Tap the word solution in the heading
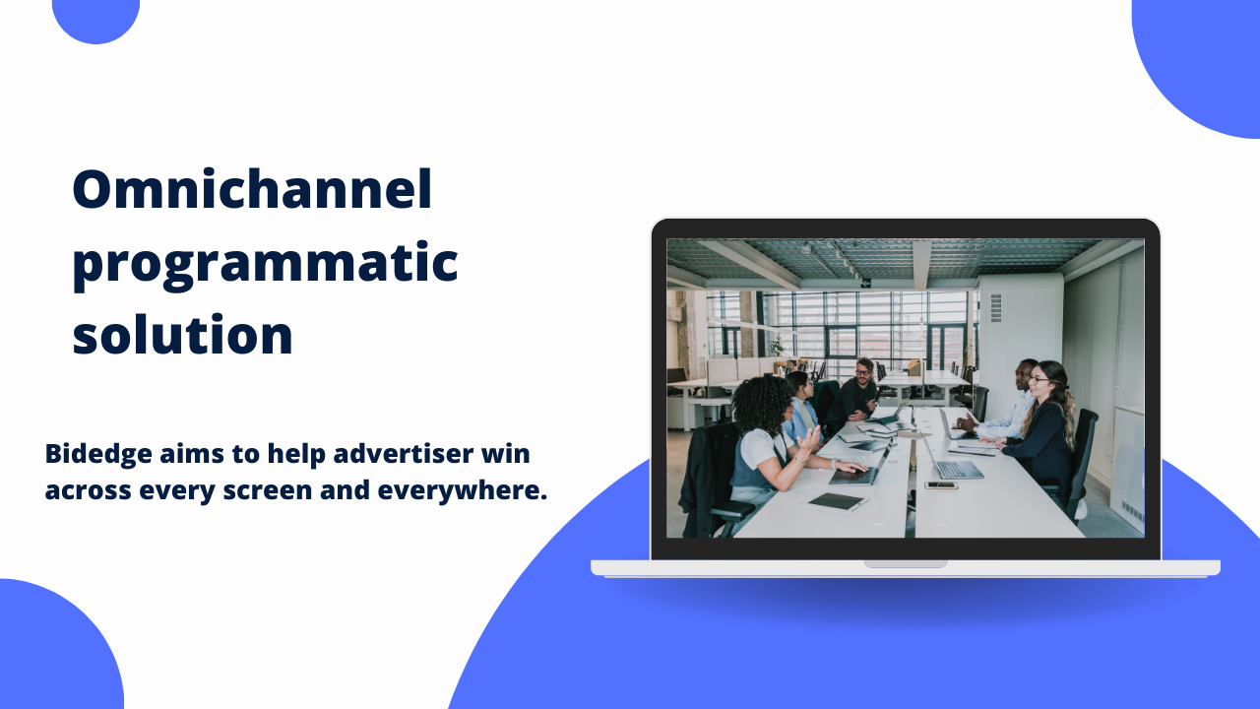183,335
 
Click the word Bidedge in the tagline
98,455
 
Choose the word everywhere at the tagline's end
463,490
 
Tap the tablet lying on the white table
836,501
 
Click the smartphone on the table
941,485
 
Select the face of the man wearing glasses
864,371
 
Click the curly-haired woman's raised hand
809,439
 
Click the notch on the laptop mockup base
906,564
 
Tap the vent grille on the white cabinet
996,308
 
